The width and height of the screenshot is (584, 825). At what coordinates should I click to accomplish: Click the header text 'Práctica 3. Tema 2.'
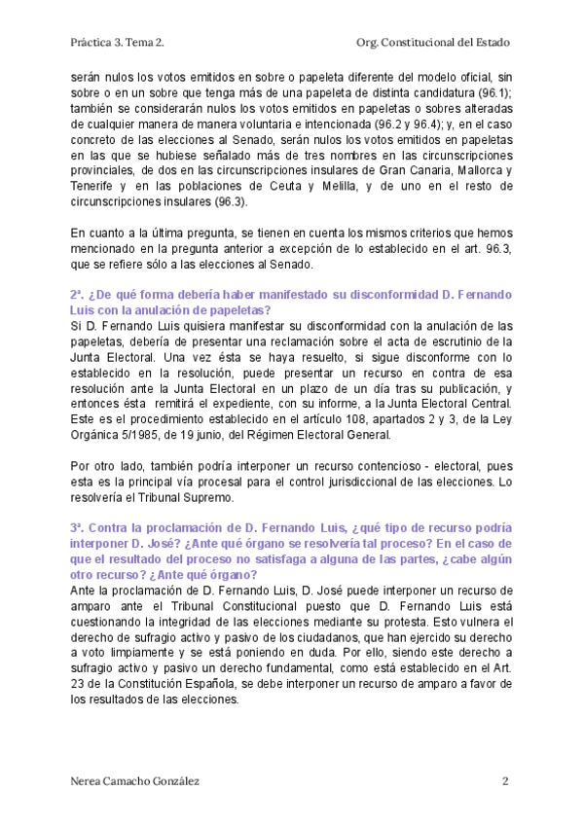[117, 43]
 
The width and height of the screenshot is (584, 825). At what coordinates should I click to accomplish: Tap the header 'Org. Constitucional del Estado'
[433, 43]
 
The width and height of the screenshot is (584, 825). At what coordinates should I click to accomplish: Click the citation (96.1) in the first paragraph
[489, 92]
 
